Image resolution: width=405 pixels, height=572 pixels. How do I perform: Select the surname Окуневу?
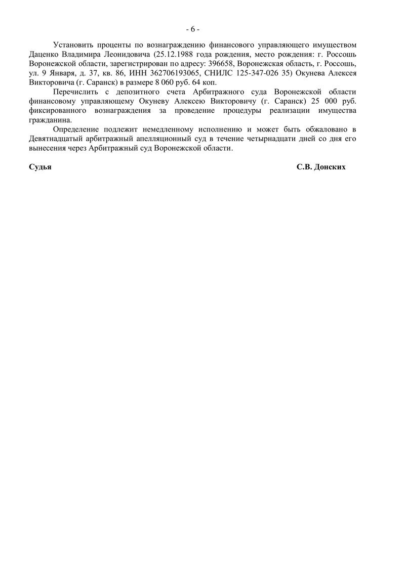(x=154, y=101)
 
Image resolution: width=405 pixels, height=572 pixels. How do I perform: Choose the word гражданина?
(x=50, y=120)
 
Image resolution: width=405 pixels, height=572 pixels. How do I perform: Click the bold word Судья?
(x=40, y=167)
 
